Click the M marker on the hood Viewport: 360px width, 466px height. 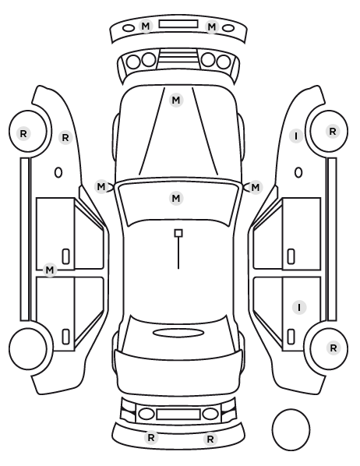176,101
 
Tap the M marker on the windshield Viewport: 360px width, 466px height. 176,198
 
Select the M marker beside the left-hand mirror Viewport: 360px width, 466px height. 101,187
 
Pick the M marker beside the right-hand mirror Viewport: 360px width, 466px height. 256,188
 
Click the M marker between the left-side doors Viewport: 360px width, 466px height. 50,270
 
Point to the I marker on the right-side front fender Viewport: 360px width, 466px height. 296,136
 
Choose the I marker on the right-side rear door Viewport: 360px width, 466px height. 299,307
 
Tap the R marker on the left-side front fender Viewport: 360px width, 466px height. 65,138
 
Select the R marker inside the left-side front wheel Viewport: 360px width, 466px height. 23,134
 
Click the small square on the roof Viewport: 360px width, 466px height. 178,233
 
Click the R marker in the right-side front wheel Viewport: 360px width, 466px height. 333,131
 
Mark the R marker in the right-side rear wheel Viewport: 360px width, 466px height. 334,348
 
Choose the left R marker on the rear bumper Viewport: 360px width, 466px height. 151,437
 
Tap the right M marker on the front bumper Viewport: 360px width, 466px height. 212,27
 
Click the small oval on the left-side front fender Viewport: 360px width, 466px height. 58,172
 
